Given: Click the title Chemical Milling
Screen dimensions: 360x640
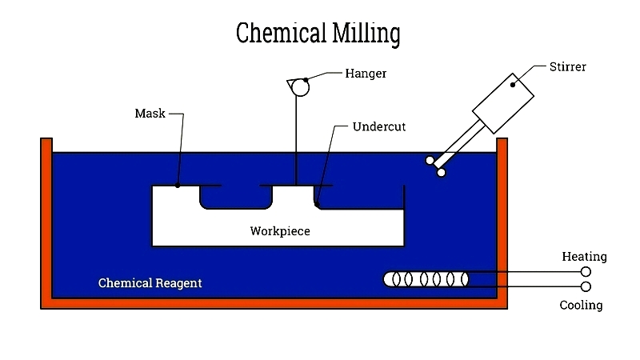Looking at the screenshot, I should pos(318,34).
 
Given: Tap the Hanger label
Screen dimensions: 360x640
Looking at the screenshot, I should pos(366,74).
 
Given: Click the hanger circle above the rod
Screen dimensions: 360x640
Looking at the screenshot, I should pos(299,86).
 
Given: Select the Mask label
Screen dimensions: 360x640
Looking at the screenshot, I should pos(150,113).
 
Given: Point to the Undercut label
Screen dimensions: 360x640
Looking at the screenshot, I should pos(379,126).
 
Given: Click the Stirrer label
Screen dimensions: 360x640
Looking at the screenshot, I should pos(567,66).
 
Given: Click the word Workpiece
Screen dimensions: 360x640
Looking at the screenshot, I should pos(279,231).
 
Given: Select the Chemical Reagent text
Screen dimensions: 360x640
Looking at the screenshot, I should pos(150,282).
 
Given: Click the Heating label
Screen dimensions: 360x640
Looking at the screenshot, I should pos(584,257).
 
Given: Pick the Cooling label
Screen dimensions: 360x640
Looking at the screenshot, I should pos(581,305).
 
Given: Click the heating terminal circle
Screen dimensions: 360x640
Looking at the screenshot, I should pos(586,272).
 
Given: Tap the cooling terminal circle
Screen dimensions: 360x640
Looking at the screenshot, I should pos(586,286).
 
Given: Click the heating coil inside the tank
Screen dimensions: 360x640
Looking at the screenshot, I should pos(426,279).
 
